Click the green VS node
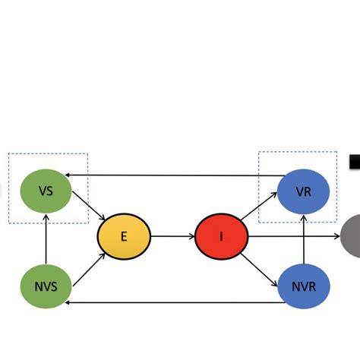[x=46, y=191]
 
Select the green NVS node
[x=46, y=286]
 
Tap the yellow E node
[x=124, y=236]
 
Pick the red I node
[x=222, y=236]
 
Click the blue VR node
[x=303, y=191]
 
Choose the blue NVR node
[x=303, y=286]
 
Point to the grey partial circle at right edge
[x=351, y=236]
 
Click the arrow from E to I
[x=173, y=236]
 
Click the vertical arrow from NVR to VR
[x=303, y=239]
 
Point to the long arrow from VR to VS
[x=175, y=175]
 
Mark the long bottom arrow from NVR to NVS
[x=175, y=302]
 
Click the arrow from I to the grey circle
[x=296, y=236]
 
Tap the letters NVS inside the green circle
[x=46, y=287]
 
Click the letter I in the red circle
[x=222, y=236]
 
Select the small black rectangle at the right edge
[x=355, y=162]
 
